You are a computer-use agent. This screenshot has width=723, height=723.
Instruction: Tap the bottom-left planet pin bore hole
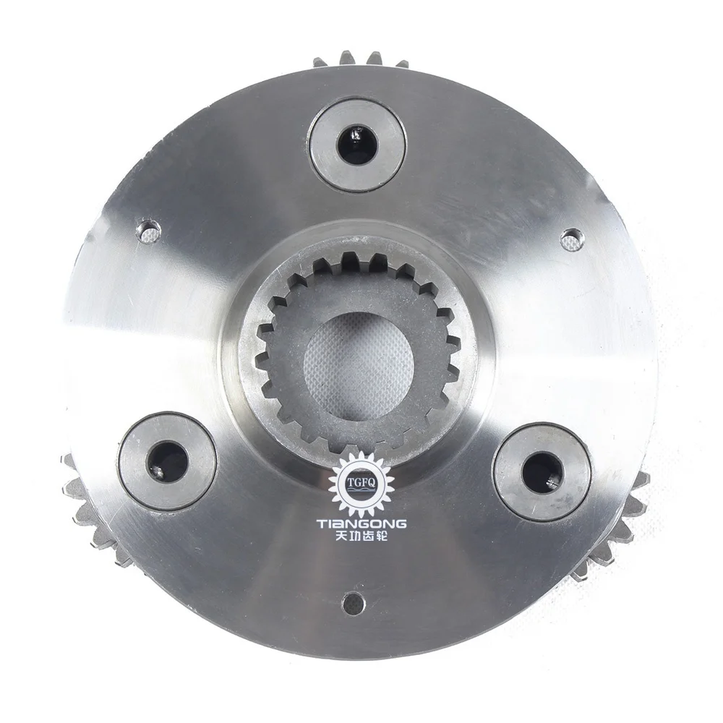[167, 461]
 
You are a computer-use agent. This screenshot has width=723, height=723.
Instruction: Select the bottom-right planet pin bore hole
[542, 471]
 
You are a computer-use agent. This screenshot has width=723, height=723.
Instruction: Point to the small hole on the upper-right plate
[572, 240]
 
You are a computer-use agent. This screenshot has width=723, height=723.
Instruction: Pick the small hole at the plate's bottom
[353, 603]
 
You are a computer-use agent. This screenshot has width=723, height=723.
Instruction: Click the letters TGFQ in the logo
[361, 482]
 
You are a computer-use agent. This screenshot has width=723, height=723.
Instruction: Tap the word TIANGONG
[361, 523]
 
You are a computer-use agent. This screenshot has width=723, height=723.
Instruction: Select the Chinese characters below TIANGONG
[362, 536]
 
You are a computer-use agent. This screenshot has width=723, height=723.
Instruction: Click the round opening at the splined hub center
[359, 364]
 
